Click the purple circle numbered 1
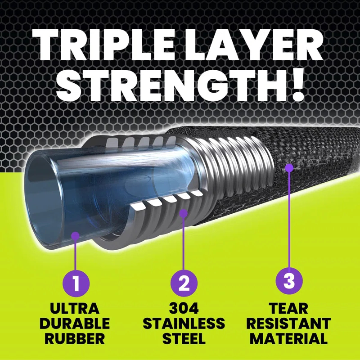[76, 283]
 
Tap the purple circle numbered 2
[184, 283]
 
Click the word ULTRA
[76, 310]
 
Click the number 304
[184, 310]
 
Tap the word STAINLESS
[184, 324]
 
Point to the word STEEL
[184, 338]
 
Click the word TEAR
[289, 310]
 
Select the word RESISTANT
[289, 324]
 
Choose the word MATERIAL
[289, 338]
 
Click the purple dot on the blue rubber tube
[76, 235]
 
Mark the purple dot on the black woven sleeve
[289, 167]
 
